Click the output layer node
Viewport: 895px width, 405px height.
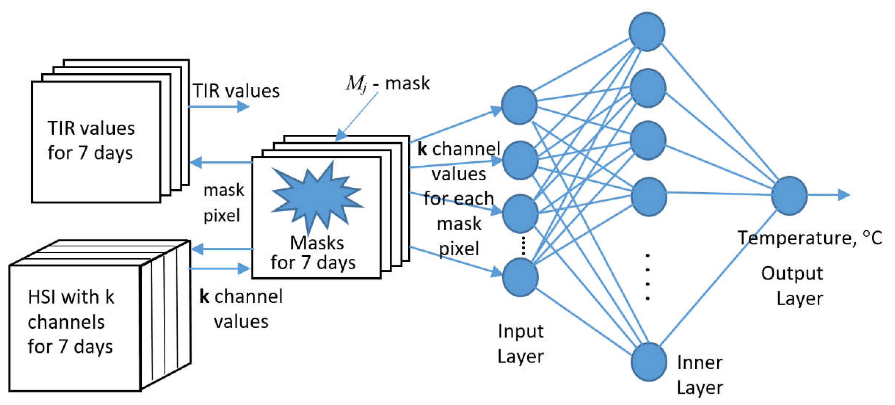[x=789, y=196]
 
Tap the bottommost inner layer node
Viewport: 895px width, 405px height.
[x=648, y=362]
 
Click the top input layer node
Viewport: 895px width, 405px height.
[x=519, y=105]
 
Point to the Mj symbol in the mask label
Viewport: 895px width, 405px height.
[x=356, y=84]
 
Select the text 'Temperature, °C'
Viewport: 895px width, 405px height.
[x=809, y=238]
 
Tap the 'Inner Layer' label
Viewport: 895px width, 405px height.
[x=699, y=375]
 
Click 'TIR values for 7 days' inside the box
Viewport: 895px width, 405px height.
[x=91, y=140]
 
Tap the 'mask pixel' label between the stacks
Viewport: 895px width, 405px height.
[x=223, y=203]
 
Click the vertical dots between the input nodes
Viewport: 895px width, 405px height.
[x=523, y=246]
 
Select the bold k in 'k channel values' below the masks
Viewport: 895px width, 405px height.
[x=204, y=297]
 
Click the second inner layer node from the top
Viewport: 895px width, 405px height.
[x=647, y=88]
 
